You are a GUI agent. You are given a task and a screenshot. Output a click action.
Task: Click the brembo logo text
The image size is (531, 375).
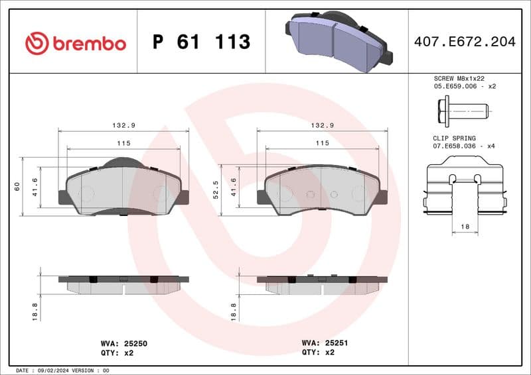point(90,44)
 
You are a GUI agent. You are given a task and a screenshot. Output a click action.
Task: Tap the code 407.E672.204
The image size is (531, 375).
point(464,42)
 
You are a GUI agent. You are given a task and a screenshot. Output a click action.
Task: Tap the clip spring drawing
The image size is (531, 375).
point(465,189)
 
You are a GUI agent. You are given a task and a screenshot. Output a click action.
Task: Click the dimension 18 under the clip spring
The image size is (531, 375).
point(465,227)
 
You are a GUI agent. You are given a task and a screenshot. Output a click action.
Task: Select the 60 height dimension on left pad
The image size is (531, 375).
point(17,187)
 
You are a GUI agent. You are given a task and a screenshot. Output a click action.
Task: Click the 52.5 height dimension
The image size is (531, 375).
point(216,189)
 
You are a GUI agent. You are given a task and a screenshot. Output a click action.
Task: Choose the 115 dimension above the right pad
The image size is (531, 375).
point(322,143)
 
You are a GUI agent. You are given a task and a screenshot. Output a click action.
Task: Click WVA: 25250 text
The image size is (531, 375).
point(123,344)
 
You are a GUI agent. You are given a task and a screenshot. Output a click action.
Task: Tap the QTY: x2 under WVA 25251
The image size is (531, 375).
point(319,353)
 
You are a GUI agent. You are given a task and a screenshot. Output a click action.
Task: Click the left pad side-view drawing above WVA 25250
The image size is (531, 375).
point(123,284)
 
